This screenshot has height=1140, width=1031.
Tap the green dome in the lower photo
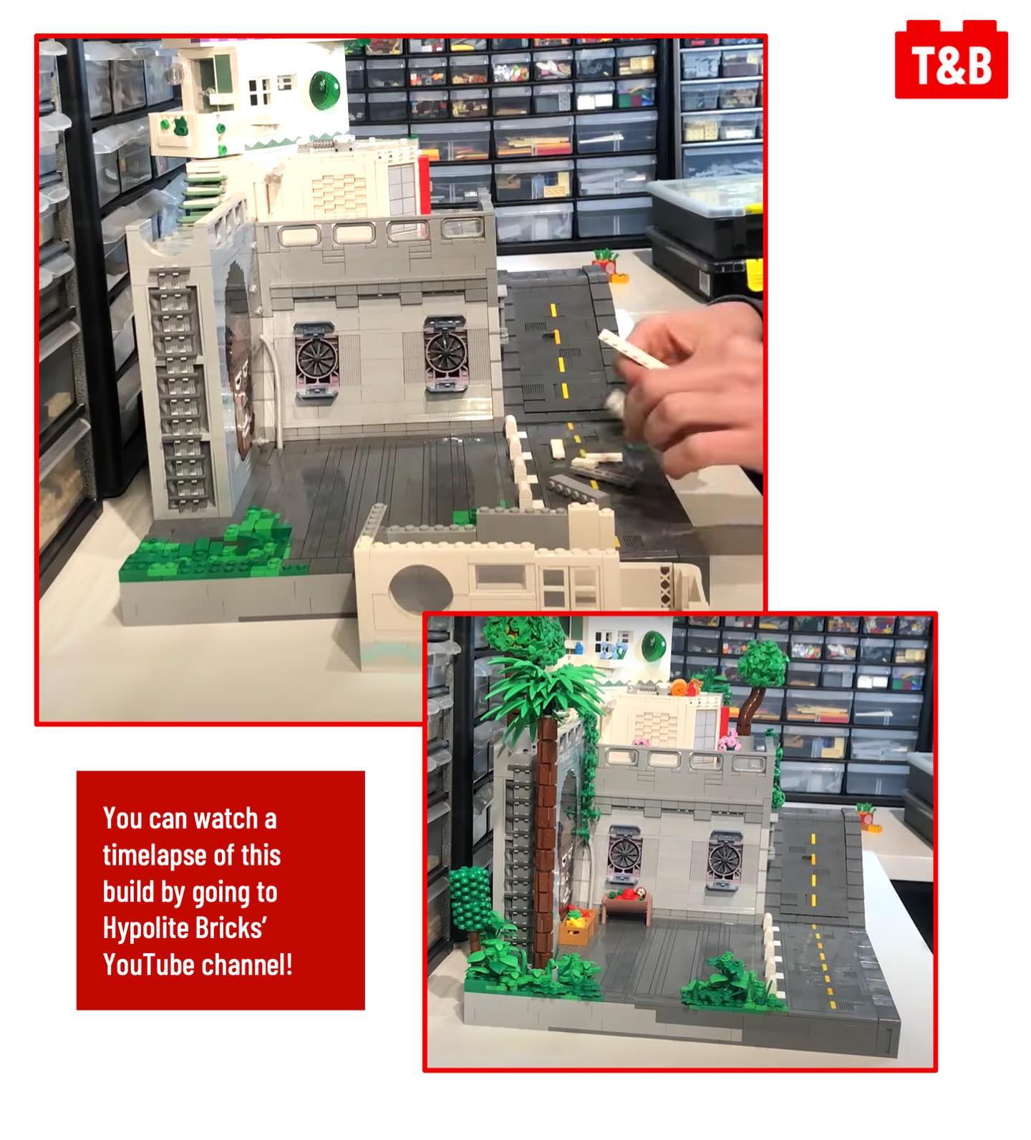(652, 641)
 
